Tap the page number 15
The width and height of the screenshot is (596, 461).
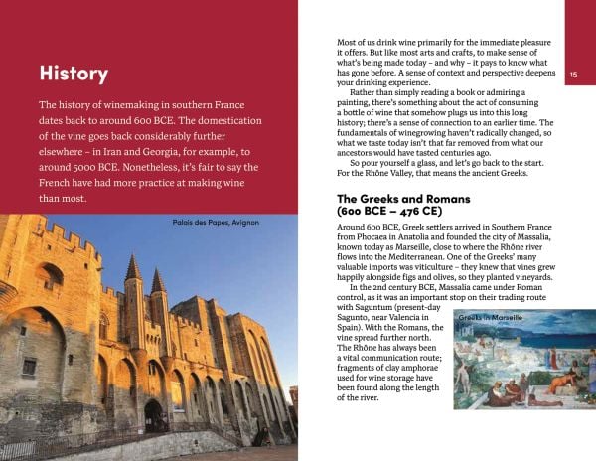[575, 75]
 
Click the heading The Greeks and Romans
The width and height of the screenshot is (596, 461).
[400, 199]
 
